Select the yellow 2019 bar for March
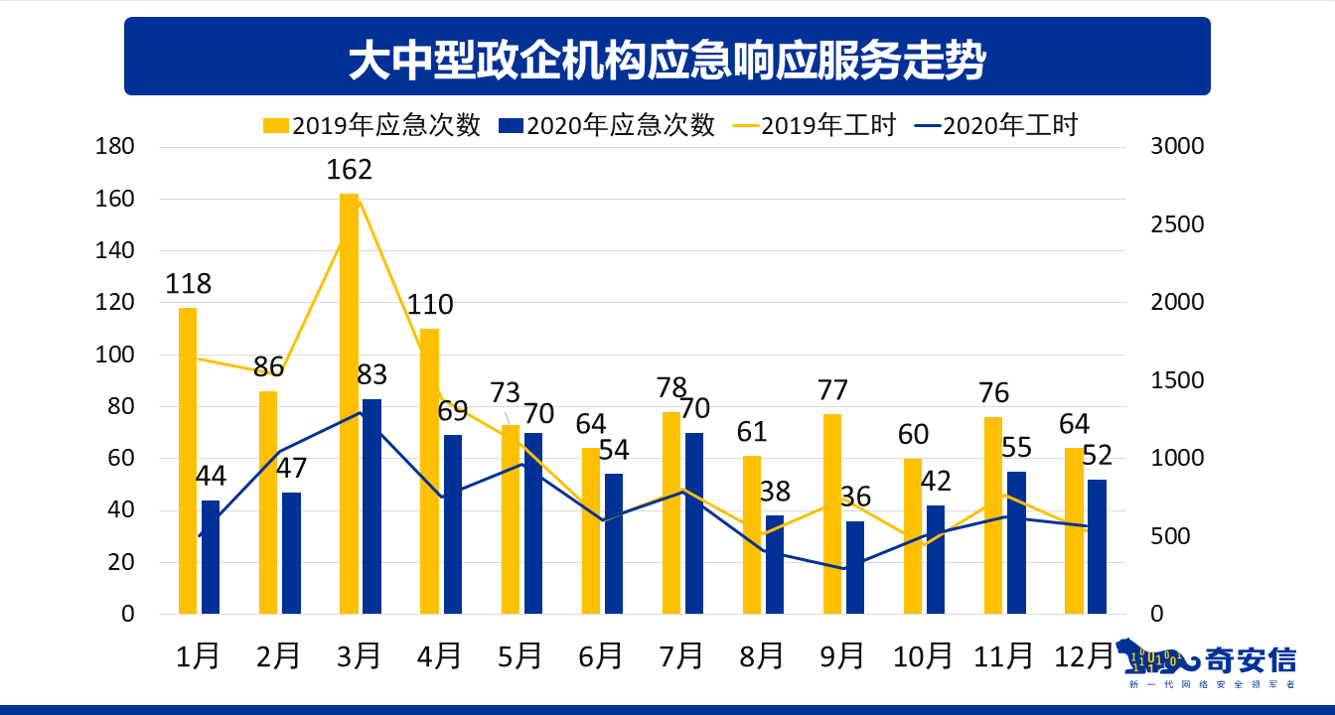click(349, 402)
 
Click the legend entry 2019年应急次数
click(372, 125)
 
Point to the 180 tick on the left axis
click(114, 147)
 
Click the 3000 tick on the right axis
click(1176, 147)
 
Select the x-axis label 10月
click(922, 655)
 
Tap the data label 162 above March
click(349, 170)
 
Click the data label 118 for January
click(188, 284)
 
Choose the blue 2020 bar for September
click(854, 567)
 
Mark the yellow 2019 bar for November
click(993, 514)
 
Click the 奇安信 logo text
click(1250, 659)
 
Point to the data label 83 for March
click(371, 375)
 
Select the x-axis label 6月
click(600, 655)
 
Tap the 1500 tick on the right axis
click(1176, 381)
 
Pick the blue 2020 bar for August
click(774, 564)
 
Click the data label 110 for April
click(429, 305)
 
